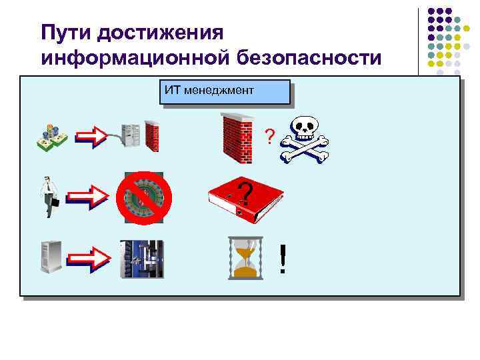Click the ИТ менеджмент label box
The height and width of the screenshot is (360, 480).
coord(225,92)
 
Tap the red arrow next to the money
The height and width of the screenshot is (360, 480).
coord(91,137)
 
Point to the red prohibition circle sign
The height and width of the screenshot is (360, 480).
coord(144,198)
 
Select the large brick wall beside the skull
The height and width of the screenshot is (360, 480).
coord(237,137)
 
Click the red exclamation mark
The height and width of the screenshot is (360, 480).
coord(283,259)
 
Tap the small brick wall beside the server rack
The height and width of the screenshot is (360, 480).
coord(152,137)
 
